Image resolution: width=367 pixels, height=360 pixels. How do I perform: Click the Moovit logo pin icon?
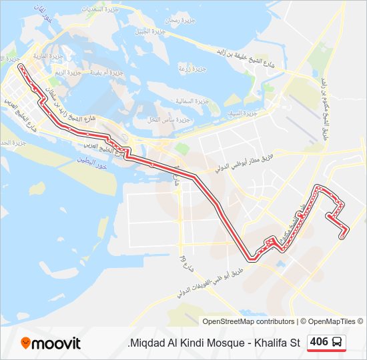pos(26,343)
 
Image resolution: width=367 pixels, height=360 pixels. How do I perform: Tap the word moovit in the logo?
pos(57,344)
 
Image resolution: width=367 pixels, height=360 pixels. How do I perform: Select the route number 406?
pos(319,342)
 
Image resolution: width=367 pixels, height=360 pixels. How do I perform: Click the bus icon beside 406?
pos(338,343)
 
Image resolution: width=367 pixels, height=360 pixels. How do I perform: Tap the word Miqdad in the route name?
pos(145,343)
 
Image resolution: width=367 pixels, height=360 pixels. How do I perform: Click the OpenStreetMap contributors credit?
pos(248,321)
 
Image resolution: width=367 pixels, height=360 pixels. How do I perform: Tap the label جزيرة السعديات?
pos(101,10)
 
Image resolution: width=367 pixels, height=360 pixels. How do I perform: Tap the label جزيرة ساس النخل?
pos(157,119)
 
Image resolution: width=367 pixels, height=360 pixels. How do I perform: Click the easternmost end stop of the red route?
pos(343,235)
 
